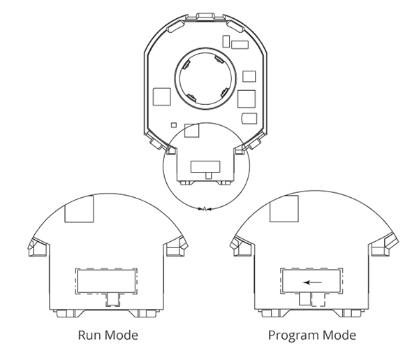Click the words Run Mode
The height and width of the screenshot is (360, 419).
[107, 336]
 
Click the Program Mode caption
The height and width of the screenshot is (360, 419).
[312, 336]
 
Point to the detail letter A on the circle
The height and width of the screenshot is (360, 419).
[204, 208]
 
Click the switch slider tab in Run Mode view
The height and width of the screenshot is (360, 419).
[110, 300]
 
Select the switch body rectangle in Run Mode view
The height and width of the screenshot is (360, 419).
[107, 281]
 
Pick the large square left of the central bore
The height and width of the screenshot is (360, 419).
[161, 95]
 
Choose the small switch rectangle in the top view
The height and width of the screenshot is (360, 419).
[205, 166]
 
